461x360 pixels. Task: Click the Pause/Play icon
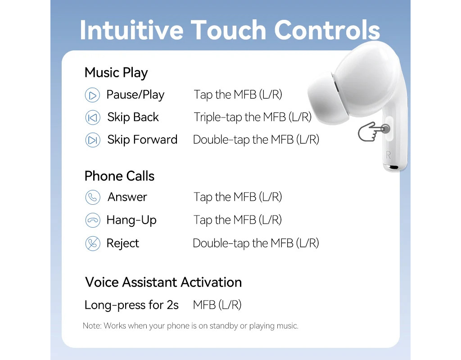coord(92,95)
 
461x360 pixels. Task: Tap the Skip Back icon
coord(93,117)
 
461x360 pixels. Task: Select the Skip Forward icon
coord(93,140)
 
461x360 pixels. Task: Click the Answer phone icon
coord(93,197)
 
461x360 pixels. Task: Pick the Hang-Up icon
coord(93,220)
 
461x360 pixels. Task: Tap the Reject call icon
coord(93,243)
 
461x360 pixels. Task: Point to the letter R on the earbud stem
coord(388,155)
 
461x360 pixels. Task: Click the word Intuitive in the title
coord(131,30)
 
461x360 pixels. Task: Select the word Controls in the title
coord(327,30)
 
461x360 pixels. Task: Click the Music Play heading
coord(116,73)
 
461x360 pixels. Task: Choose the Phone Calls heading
coord(119,176)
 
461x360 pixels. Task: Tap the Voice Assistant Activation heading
coord(163,282)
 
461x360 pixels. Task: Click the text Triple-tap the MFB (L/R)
coord(253,117)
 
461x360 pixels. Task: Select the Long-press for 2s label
coord(131,305)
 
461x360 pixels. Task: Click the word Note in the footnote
coord(92,326)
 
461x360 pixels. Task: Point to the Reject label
coord(122,243)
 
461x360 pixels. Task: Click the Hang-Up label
coord(131,220)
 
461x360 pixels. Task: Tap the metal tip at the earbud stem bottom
coord(394,167)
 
